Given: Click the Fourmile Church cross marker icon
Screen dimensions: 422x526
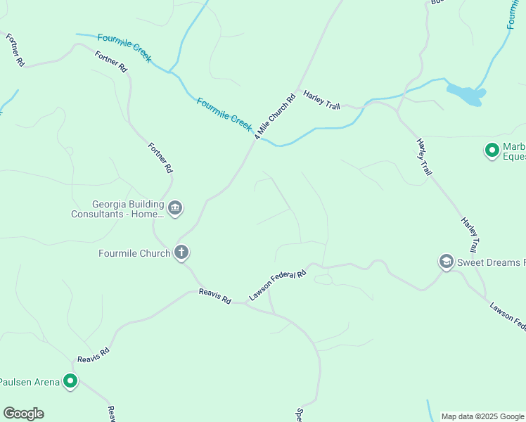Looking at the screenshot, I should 181,252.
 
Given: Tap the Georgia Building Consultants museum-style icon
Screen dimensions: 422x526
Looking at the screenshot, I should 176,207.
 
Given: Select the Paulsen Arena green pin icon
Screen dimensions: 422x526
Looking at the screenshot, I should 70,381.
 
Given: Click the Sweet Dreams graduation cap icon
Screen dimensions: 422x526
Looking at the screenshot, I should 446,262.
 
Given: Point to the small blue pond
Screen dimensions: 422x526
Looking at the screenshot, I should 465,94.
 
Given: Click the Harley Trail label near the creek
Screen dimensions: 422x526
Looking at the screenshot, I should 321,100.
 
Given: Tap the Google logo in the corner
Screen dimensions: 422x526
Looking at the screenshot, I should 23,414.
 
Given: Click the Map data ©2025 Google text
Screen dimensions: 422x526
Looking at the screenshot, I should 482,416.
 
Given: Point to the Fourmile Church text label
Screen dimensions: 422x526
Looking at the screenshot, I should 134,253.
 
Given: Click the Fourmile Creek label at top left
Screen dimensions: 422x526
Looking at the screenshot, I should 124,48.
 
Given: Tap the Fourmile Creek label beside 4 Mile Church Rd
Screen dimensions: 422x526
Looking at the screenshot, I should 224,113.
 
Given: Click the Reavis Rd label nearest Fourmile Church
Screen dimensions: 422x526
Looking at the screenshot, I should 214,295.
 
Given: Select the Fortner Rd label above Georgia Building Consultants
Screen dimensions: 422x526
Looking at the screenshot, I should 160,158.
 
